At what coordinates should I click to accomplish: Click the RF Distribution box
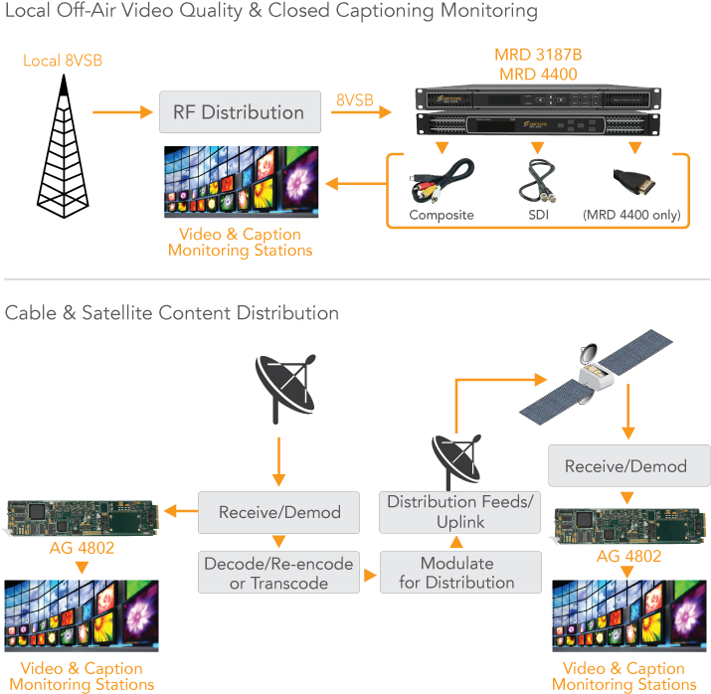(x=239, y=112)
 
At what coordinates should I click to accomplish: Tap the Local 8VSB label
(x=63, y=62)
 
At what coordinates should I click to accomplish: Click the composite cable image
(x=442, y=181)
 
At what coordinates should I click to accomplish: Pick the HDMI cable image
(x=633, y=181)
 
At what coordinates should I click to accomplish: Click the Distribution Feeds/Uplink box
(x=459, y=512)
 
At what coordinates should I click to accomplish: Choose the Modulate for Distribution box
(x=459, y=573)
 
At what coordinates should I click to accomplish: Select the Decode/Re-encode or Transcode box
(x=278, y=573)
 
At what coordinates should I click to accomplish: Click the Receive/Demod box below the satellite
(x=625, y=466)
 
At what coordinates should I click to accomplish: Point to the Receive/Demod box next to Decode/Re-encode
(x=279, y=513)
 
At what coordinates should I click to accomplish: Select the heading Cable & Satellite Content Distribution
(x=172, y=313)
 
